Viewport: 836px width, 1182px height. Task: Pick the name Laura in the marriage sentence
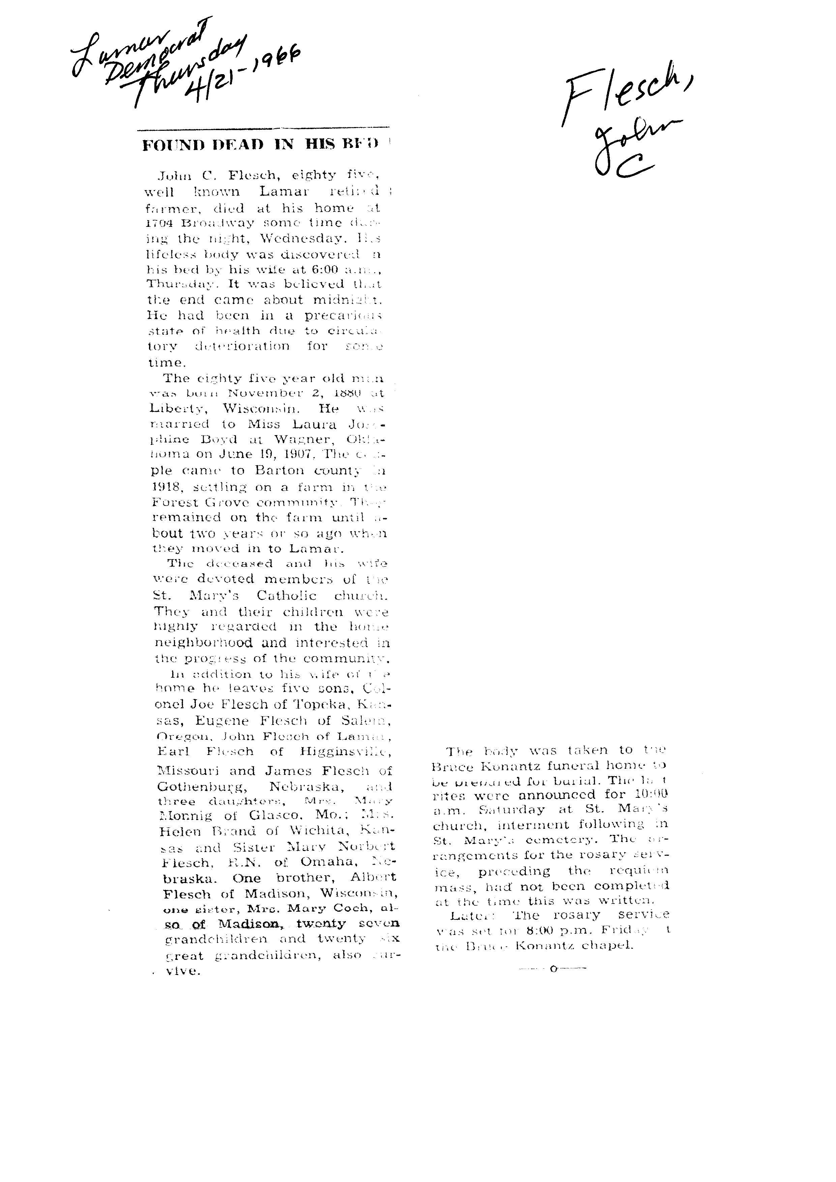click(319, 424)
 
